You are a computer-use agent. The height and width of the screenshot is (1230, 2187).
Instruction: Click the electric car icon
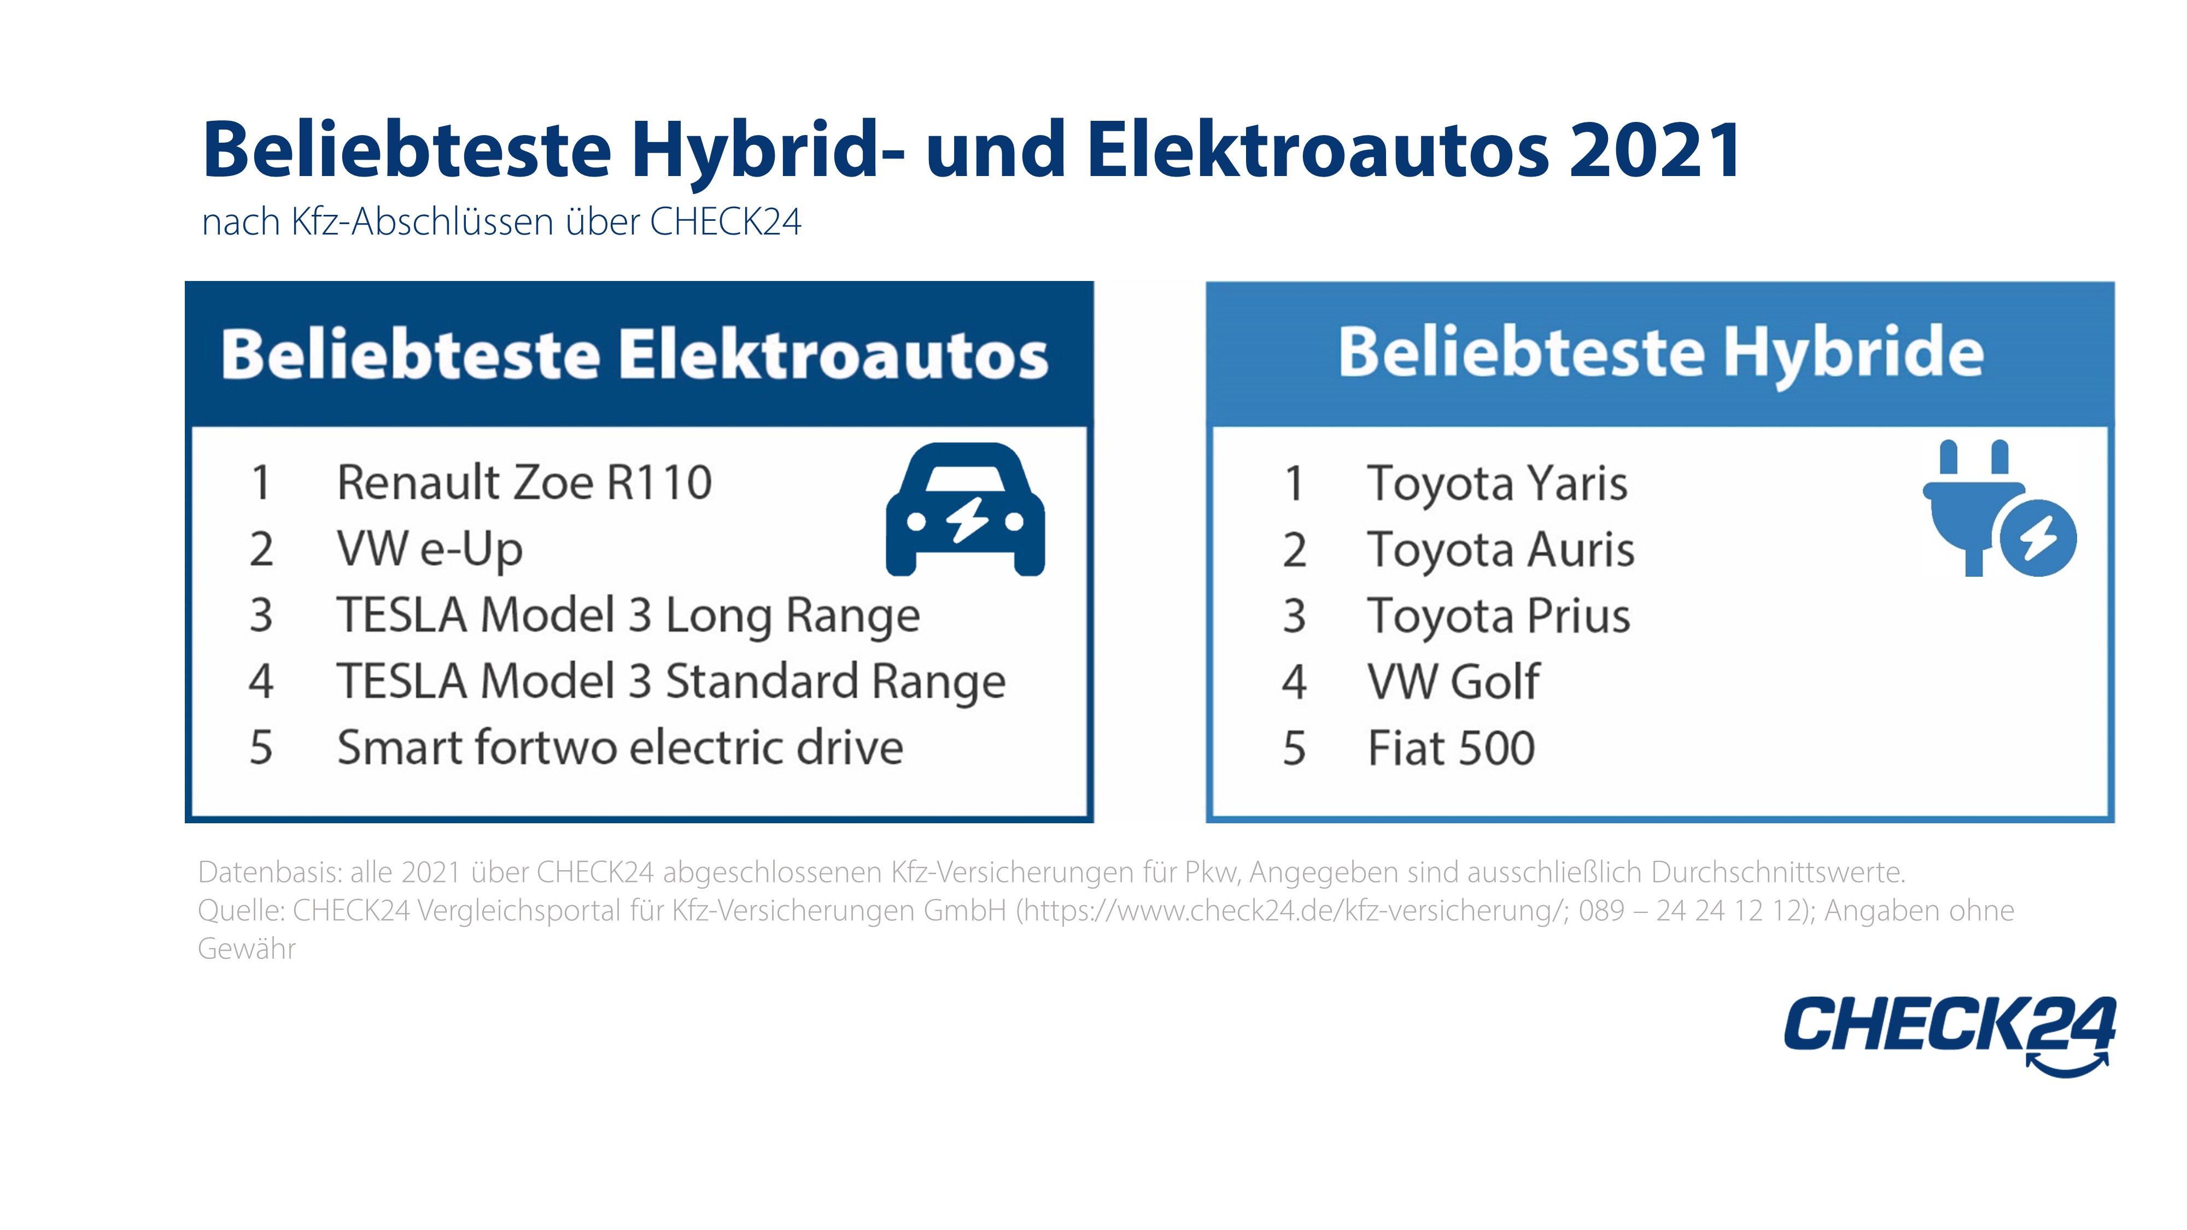click(966, 509)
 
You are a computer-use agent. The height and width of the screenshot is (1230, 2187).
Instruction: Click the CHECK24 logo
click(1950, 1035)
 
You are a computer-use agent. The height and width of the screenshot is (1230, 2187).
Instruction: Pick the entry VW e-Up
click(430, 550)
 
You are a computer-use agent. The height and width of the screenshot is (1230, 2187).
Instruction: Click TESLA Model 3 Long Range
click(628, 616)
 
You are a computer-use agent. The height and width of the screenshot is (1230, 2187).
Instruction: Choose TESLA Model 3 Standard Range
click(671, 682)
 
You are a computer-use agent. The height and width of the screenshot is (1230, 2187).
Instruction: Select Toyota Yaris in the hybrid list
click(1497, 484)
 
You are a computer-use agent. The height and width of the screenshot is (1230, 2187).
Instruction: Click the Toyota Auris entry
click(1500, 549)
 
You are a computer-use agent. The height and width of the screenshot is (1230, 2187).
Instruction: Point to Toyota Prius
click(1499, 616)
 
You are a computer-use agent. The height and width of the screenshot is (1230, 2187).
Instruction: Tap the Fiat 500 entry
click(1451, 748)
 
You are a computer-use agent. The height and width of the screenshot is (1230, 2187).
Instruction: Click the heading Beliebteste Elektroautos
click(635, 354)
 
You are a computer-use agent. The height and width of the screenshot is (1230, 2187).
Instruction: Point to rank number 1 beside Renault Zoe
click(261, 483)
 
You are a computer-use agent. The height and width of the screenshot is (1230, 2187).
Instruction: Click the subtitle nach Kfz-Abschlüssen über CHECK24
click(501, 221)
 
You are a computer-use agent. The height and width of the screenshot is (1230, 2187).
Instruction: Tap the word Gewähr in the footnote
click(246, 948)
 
